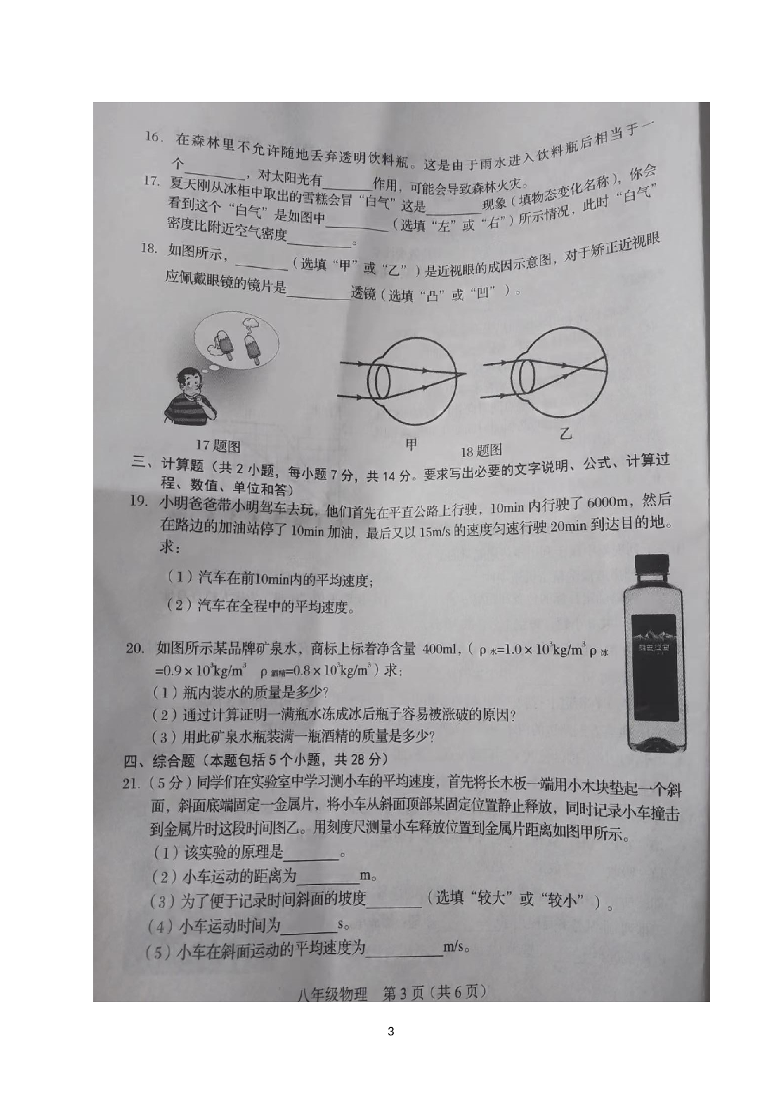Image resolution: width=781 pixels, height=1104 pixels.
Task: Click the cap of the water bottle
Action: click(x=651, y=566)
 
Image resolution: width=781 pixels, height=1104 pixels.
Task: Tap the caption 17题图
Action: click(x=218, y=446)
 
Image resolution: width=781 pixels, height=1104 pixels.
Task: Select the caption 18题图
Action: click(x=481, y=450)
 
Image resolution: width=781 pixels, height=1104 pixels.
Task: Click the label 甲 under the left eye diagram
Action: click(x=411, y=445)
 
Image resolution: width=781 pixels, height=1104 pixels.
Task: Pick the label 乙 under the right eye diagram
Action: click(x=566, y=434)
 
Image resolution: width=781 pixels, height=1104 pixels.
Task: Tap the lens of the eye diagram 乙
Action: click(x=523, y=375)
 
